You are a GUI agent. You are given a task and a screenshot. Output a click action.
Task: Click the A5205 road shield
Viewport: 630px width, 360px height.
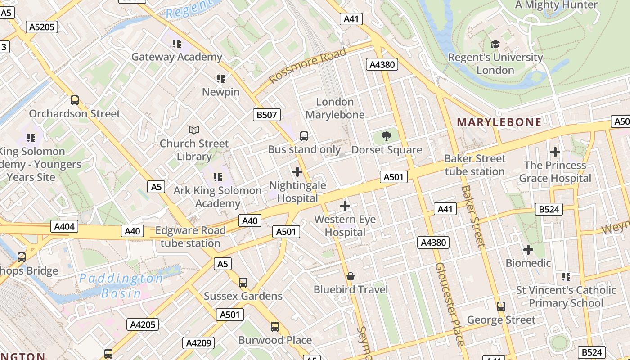(41, 27)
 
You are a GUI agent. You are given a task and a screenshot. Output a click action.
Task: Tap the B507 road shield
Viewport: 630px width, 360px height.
(266, 115)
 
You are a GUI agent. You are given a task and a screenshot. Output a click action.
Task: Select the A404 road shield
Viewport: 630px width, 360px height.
(64, 226)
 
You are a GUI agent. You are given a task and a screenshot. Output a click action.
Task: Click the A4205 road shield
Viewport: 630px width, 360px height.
(143, 324)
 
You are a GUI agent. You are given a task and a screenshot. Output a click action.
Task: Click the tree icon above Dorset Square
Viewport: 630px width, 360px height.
(386, 136)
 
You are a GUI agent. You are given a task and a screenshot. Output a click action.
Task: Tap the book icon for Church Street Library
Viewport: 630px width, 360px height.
(194, 130)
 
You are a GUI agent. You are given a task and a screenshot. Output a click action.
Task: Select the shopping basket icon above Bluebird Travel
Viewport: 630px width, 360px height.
(351, 276)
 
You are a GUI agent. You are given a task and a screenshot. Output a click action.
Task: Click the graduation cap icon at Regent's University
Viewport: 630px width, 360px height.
(495, 44)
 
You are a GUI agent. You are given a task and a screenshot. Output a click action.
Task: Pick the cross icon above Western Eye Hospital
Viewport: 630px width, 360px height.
(345, 206)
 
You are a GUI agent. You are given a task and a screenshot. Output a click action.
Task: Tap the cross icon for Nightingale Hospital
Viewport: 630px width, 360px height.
(297, 172)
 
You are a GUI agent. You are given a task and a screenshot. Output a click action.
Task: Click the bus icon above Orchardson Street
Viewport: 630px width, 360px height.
(75, 100)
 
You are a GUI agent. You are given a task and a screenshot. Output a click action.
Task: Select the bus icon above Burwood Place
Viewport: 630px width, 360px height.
(275, 327)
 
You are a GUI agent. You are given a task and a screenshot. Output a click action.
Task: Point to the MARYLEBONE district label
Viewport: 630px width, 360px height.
(499, 122)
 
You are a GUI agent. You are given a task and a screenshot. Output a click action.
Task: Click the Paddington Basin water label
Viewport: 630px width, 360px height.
(121, 286)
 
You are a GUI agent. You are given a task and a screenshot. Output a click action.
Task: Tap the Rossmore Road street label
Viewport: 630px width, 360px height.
(308, 66)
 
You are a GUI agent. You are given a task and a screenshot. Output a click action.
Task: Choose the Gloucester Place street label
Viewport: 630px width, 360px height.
(448, 304)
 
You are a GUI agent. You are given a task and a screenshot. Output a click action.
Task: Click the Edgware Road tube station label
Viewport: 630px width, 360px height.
(190, 237)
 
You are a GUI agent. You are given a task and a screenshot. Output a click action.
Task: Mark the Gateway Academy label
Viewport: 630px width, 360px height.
(177, 57)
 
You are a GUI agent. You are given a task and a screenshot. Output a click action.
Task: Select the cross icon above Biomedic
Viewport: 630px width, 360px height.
(528, 249)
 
